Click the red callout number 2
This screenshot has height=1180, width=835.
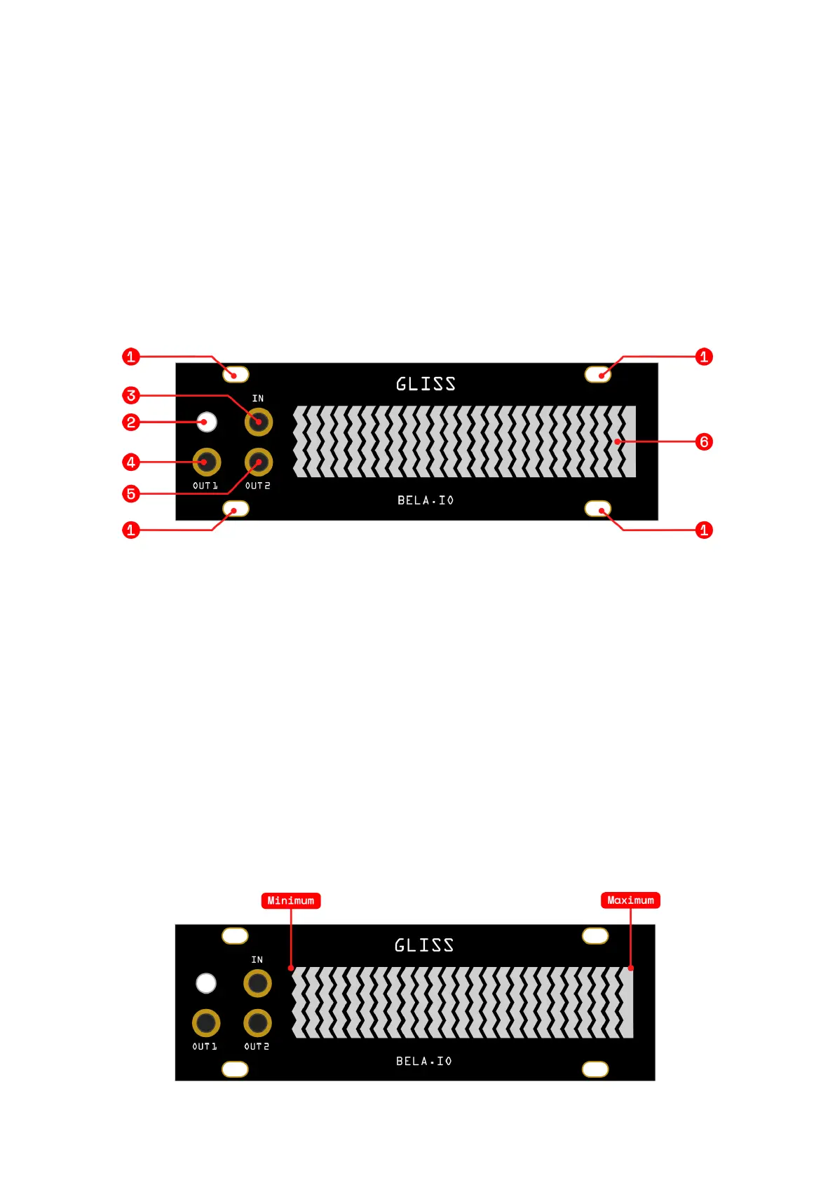coord(130,423)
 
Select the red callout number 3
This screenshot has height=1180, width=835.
coord(130,396)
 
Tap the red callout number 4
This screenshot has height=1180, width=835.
coord(130,462)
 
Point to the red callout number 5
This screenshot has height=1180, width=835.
coord(130,494)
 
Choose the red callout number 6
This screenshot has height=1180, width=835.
coord(704,442)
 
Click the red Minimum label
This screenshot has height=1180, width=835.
coord(290,900)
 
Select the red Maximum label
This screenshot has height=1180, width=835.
coord(630,900)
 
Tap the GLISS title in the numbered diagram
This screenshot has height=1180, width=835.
coord(426,384)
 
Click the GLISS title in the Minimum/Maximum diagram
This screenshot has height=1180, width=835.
coord(424,945)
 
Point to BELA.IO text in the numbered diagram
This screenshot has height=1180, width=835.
coord(426,500)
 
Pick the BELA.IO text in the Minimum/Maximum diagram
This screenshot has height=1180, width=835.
coord(424,1062)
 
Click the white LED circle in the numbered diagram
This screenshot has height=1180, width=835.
coord(207,422)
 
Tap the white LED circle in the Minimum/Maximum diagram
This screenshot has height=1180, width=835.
coord(206,983)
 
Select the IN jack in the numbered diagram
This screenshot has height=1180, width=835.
coord(259,422)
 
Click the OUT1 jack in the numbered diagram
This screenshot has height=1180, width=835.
coord(207,462)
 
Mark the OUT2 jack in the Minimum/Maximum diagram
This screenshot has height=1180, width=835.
coord(257,1023)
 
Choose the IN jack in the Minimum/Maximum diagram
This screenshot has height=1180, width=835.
coord(257,983)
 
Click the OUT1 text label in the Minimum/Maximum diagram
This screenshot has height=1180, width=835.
coord(205,1047)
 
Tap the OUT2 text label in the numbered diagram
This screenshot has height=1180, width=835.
coord(257,486)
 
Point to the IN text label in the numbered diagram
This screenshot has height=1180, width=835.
coord(258,399)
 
